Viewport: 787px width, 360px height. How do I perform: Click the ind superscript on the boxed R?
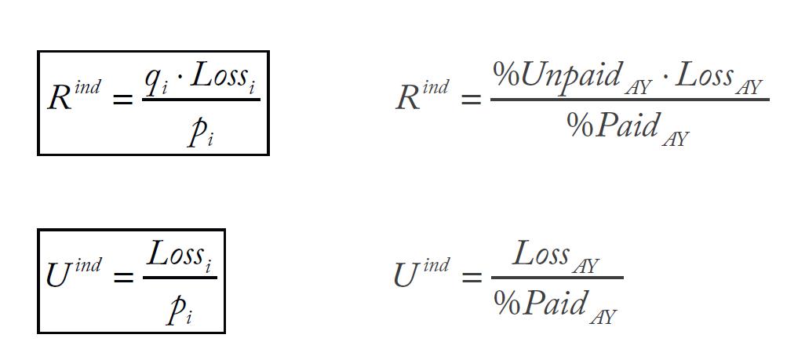pyautogui.click(x=88, y=87)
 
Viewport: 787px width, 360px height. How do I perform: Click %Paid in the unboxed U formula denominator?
pyautogui.click(x=540, y=302)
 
